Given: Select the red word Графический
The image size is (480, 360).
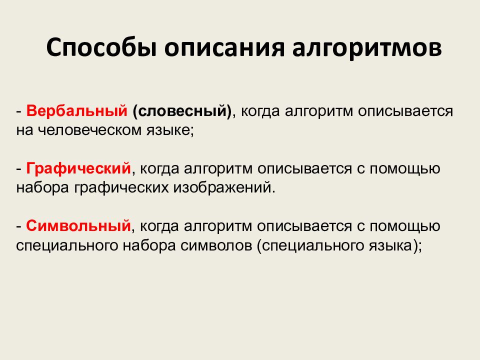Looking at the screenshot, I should coord(79,168).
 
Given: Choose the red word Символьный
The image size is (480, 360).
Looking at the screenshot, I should coord(79,226).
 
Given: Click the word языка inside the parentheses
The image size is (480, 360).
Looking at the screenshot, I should coord(395,245).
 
